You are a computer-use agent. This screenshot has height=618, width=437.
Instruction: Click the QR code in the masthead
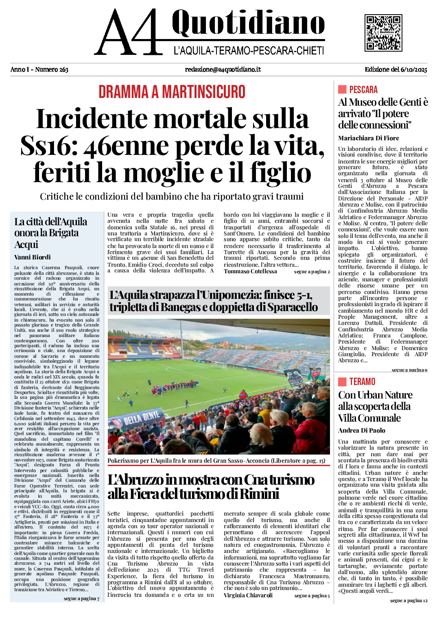[383, 33]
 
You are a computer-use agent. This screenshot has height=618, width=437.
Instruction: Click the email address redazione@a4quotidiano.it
[223, 70]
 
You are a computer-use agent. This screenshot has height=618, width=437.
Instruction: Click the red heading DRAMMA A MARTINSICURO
[172, 92]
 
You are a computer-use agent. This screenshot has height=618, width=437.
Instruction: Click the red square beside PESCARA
[342, 89]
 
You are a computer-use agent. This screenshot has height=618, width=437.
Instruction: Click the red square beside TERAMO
[342, 381]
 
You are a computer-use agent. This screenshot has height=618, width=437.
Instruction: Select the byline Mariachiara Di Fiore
[368, 138]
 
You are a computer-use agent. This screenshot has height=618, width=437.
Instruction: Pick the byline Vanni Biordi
[33, 257]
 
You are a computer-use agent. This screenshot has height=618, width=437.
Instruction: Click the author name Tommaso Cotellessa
[250, 271]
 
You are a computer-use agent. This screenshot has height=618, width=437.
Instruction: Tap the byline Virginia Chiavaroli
[248, 595]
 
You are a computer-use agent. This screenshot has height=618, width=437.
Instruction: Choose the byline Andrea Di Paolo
[361, 430]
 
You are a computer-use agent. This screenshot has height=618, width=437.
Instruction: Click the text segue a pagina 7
[81, 598]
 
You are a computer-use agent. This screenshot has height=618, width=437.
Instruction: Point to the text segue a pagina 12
[409, 601]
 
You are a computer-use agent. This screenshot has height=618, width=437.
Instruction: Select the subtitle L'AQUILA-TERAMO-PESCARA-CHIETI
[249, 51]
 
